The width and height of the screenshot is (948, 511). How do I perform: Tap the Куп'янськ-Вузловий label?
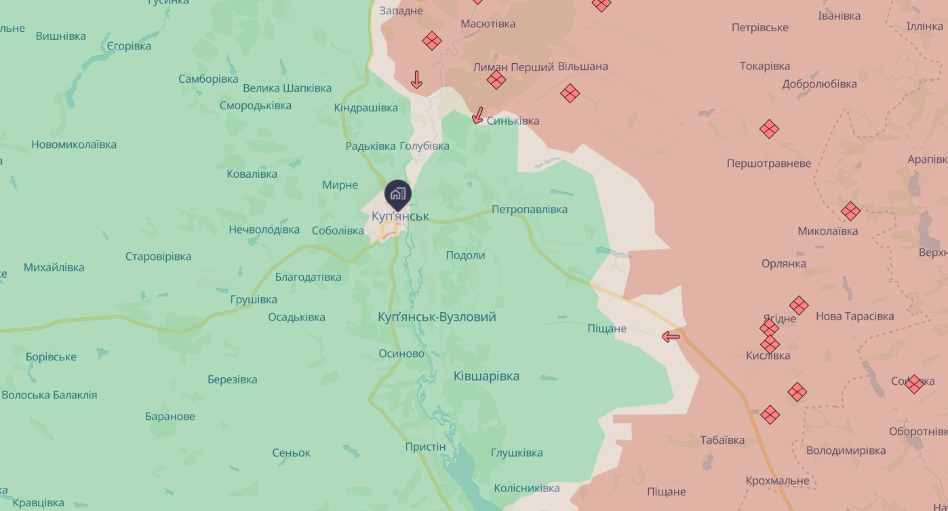click(x=437, y=317)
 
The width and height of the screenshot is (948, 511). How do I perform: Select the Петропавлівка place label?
click(x=529, y=210)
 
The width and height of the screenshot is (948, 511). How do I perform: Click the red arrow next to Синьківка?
click(x=478, y=115)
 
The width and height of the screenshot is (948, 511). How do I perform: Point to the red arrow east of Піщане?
click(x=671, y=337)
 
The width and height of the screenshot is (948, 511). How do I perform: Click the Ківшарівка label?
click(x=486, y=376)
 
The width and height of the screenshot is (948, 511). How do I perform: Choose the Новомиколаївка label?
click(x=74, y=145)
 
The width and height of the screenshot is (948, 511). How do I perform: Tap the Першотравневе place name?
click(x=768, y=164)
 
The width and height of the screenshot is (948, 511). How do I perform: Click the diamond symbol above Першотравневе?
click(x=769, y=129)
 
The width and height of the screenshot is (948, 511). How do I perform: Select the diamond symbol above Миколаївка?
click(x=850, y=211)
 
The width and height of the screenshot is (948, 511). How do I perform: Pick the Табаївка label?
click(x=722, y=440)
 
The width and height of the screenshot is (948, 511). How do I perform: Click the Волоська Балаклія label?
click(x=50, y=395)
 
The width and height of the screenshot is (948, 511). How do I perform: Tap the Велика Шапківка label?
click(x=287, y=88)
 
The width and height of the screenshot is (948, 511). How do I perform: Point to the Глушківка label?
click(x=517, y=453)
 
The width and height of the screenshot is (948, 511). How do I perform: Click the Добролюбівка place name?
click(x=819, y=84)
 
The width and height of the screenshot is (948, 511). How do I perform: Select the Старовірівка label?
click(x=158, y=257)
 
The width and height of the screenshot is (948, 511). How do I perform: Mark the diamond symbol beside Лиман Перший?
click(x=496, y=80)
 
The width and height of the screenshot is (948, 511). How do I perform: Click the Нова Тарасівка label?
click(x=854, y=316)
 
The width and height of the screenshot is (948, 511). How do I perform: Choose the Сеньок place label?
click(x=291, y=453)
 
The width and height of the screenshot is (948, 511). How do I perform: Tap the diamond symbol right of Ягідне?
click(x=799, y=305)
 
